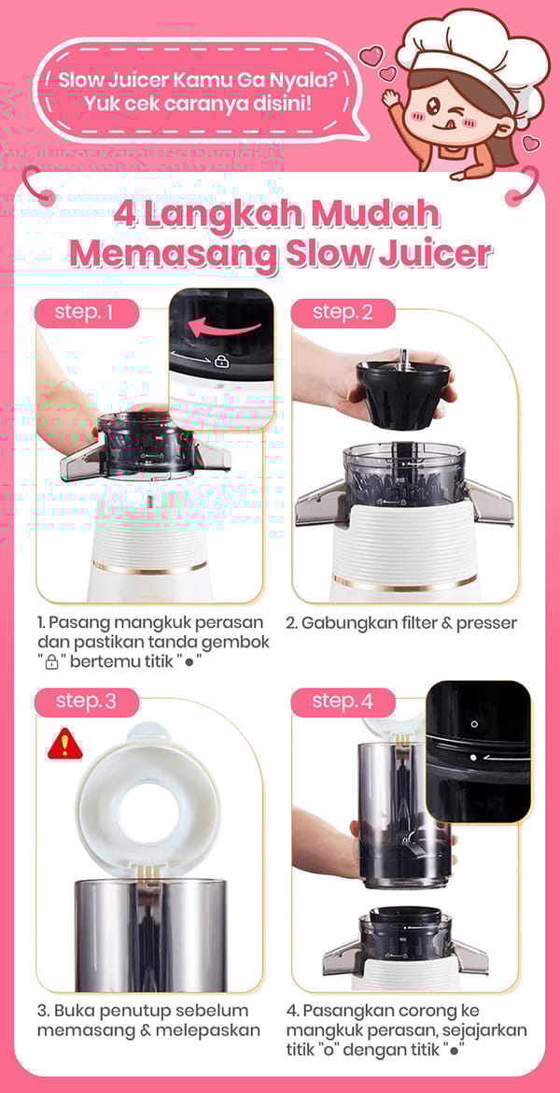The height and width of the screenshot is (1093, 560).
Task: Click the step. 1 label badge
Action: pos(87,312)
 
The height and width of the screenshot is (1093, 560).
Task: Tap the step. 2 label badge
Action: pos(343,312)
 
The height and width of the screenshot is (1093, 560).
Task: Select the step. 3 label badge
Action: pos(87,702)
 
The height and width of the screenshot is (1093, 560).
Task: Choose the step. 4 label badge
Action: pos(343,702)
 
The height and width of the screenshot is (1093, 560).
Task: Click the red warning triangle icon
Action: pos(64,745)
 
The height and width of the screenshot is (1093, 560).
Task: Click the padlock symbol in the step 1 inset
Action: pos(222,361)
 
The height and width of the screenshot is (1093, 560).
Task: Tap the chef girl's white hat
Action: pos(474,48)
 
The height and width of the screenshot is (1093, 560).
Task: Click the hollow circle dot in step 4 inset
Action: pos(474,724)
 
